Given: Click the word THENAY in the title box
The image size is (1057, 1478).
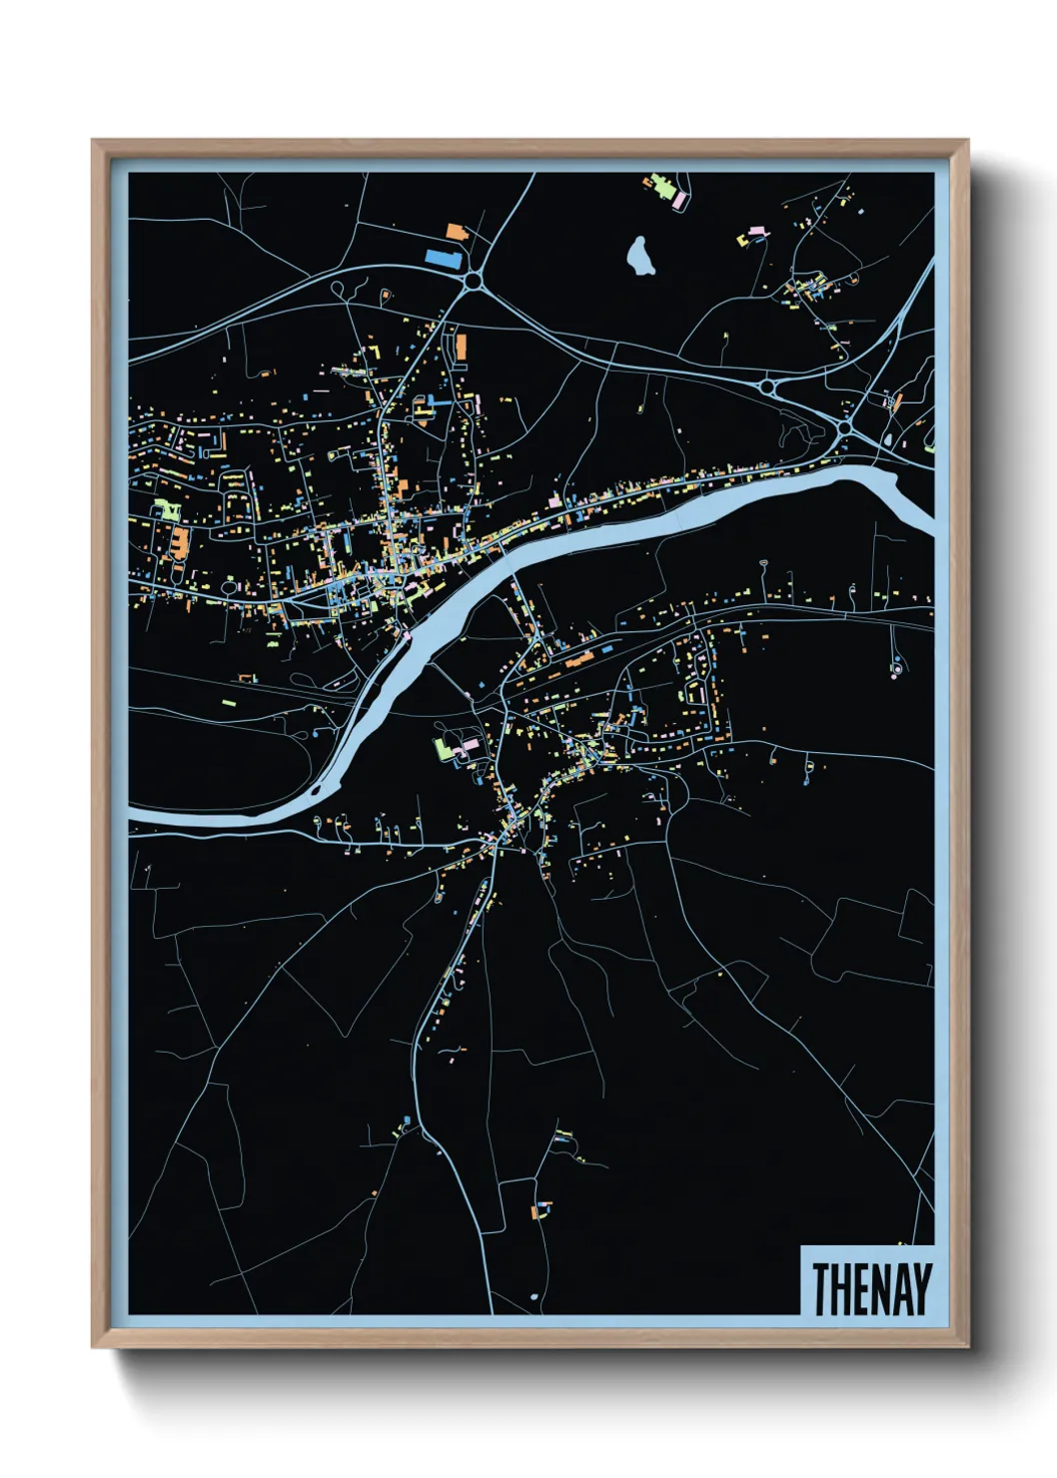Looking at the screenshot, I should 870,1288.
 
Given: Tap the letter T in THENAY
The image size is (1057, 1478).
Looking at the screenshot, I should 820,1288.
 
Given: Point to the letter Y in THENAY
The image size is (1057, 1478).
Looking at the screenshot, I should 920,1288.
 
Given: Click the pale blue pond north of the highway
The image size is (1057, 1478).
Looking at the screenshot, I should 639,257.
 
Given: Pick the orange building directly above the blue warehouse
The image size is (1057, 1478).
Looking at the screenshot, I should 456,232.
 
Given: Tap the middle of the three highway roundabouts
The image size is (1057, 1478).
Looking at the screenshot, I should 767,385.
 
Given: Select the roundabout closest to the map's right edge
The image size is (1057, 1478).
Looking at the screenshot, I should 845,427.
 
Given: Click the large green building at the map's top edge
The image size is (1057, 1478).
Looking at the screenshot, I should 660,186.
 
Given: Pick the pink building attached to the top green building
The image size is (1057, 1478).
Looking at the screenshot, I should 679,201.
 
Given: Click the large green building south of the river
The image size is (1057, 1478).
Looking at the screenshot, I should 443,749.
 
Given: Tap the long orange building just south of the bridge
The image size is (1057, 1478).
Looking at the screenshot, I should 579,660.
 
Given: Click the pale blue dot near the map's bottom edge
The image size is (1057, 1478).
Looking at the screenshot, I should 533,1296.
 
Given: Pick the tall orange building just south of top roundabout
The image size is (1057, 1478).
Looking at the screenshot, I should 461,347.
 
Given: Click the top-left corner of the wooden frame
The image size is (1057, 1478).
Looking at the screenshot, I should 93,141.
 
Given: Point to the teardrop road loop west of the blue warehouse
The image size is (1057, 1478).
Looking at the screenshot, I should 338,290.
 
